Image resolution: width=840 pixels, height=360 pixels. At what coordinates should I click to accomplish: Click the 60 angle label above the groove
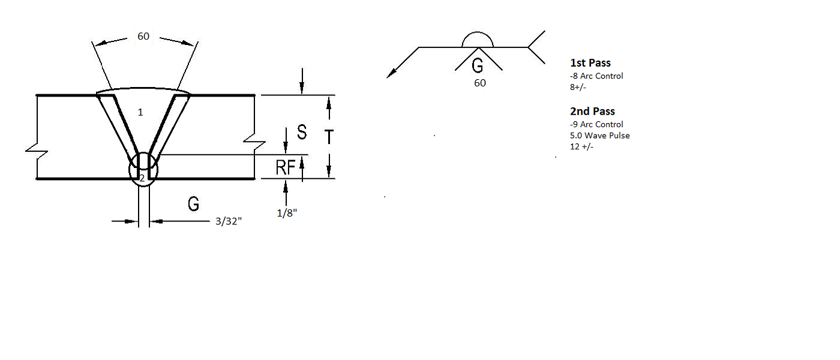coord(143,37)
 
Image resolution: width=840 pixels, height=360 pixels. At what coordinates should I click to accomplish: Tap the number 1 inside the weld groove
coord(140,112)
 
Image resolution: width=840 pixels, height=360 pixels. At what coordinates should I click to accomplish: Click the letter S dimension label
coord(302,132)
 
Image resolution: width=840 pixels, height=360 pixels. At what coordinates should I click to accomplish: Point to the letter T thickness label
coord(329,137)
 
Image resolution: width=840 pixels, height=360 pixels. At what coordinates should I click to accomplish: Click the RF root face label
coord(286,167)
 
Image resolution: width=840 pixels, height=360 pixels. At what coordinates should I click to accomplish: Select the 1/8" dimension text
coord(287,213)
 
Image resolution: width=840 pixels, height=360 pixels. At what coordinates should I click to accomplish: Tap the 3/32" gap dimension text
coord(229,221)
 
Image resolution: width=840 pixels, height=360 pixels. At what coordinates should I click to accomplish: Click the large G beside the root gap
coord(193,204)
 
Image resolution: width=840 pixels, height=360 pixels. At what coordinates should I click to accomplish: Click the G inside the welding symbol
coord(478,65)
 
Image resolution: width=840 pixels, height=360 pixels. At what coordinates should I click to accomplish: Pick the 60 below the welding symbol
coord(480,83)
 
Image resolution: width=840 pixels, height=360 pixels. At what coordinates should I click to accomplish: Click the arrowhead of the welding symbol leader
coord(391,74)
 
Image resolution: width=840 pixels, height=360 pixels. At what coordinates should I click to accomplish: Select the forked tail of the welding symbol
coord(536,47)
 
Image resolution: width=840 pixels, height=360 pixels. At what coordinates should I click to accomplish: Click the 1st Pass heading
coord(590,62)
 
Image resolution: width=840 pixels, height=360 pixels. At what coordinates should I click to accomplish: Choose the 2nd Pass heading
coord(593,112)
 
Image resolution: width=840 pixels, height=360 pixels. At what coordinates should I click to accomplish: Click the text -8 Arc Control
coord(596,76)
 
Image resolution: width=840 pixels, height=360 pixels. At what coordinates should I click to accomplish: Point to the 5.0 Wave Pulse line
coord(599,136)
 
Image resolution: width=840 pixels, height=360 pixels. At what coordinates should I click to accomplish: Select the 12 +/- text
coord(581,146)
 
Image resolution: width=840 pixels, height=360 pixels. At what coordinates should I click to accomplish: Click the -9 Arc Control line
coord(596,124)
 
